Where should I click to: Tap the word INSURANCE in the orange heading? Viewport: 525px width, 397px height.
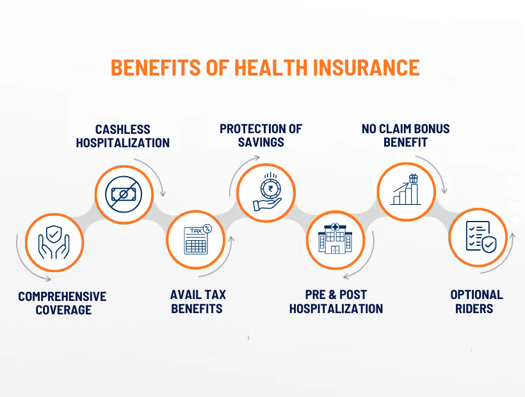(366, 68)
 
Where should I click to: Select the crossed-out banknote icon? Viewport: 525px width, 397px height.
(124, 195)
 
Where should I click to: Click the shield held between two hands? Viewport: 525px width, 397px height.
(54, 234)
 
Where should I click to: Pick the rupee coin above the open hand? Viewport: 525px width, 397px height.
(270, 189)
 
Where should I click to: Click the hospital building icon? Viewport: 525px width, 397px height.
(335, 239)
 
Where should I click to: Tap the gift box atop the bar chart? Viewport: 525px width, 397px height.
(414, 179)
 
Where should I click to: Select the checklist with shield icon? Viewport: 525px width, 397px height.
(481, 237)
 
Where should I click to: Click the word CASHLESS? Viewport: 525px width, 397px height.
(123, 129)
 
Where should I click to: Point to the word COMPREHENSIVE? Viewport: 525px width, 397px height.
(62, 296)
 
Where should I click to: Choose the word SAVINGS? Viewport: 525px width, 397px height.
(261, 142)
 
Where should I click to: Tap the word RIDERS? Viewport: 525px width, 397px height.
(474, 309)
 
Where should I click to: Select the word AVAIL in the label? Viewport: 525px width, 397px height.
(185, 295)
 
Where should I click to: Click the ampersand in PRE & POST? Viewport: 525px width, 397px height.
(332, 295)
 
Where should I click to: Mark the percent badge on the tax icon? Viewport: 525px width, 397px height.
(207, 229)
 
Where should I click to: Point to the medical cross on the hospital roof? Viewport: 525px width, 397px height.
(335, 227)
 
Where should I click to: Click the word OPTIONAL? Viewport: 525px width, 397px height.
(476, 295)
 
